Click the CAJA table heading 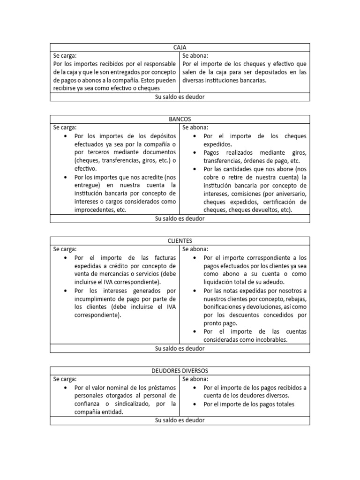pos(180,47)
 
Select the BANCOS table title pos(180,119)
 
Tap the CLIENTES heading pos(180,241)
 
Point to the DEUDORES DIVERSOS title pos(180,371)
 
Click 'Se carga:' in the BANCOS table pos(65,127)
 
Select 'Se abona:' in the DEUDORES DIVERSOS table pos(195,379)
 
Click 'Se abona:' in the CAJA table pos(195,55)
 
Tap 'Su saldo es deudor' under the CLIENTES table pos(180,348)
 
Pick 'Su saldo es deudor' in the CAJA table pos(180,97)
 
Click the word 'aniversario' pos(290,194)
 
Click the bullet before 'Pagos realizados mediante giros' pos(195,153)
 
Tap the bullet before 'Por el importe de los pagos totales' pos(195,404)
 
